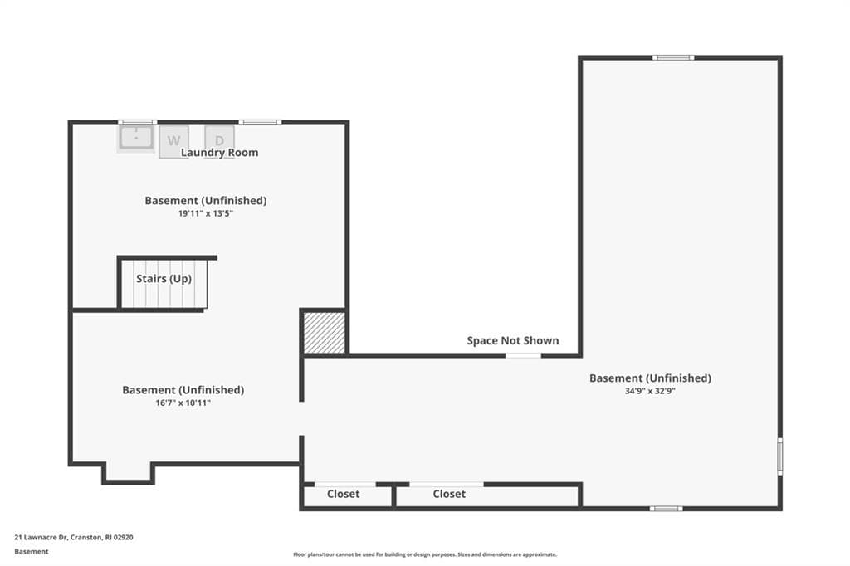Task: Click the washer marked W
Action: [x=173, y=141]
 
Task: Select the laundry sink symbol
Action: [x=136, y=138]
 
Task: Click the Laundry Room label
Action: [x=219, y=153]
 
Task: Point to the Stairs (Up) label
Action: [x=164, y=279]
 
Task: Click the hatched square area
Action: [x=325, y=333]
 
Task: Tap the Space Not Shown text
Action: [x=513, y=340]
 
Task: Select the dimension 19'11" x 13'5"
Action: [x=206, y=213]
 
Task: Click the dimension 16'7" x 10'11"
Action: [x=183, y=403]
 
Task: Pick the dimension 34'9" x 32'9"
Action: [x=650, y=391]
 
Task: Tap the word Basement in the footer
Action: [x=32, y=551]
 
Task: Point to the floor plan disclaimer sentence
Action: [x=425, y=554]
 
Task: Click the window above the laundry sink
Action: [x=138, y=123]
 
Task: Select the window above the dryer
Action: [x=260, y=123]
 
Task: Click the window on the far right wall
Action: [x=780, y=456]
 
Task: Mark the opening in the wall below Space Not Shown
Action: [x=523, y=356]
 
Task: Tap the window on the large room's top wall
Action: [x=673, y=57]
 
